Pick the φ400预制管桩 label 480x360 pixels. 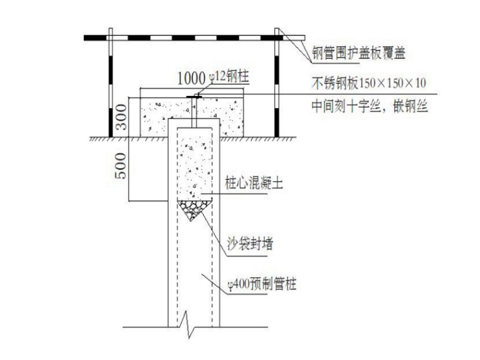click(261, 285)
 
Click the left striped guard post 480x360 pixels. click(111, 82)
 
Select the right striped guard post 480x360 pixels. click(277, 82)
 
